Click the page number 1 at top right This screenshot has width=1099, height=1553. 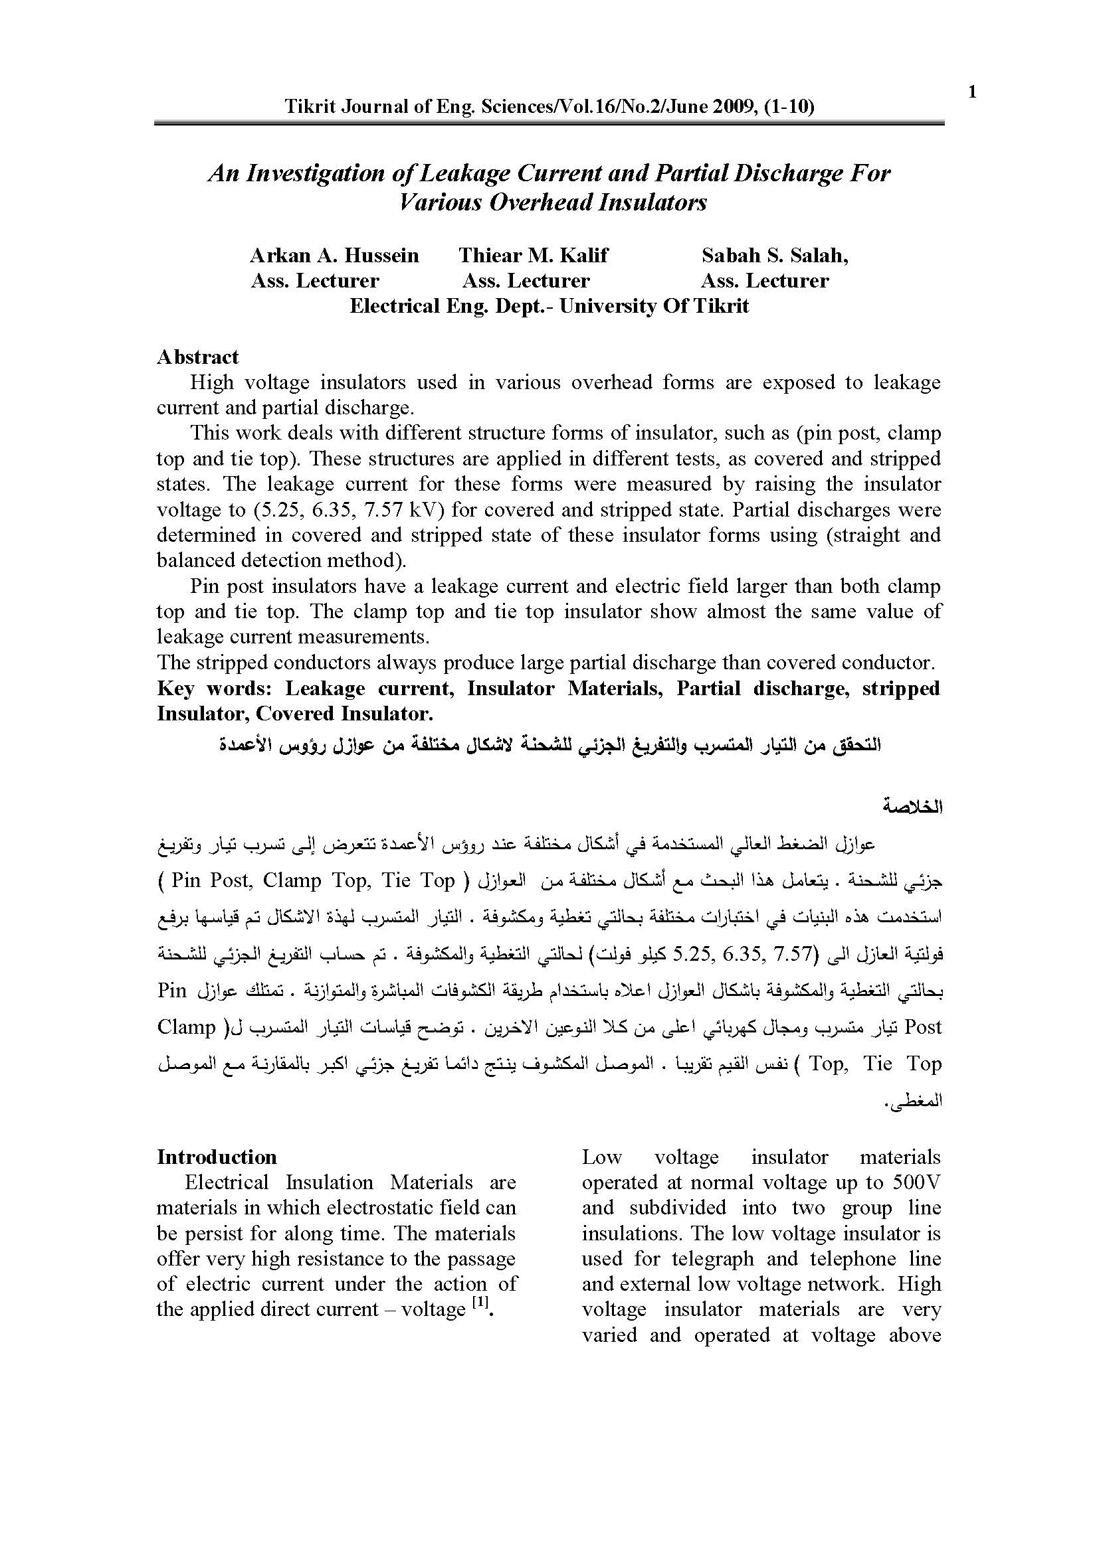click(972, 92)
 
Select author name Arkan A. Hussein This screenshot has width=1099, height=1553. click(334, 255)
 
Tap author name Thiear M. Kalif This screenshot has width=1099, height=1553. click(534, 255)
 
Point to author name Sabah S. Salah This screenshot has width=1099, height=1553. click(774, 255)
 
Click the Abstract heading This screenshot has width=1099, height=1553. click(197, 357)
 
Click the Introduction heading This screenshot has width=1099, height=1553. click(217, 1157)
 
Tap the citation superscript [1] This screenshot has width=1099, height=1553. click(480, 1303)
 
